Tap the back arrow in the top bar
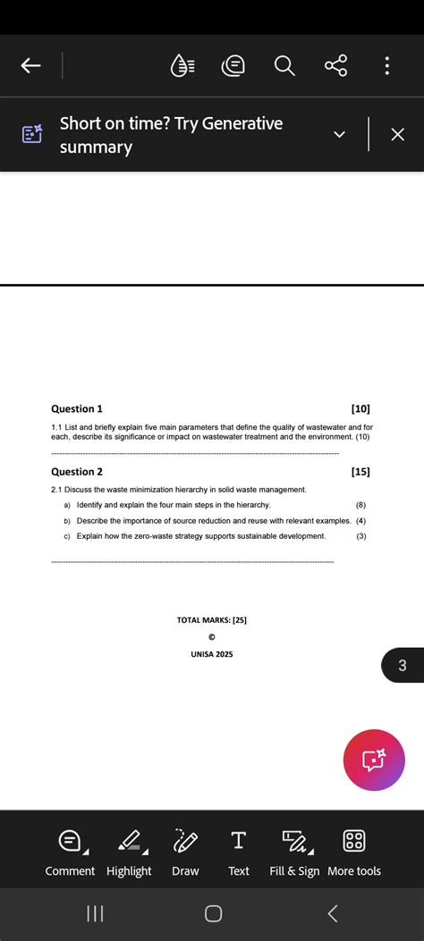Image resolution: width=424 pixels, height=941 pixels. [x=30, y=65]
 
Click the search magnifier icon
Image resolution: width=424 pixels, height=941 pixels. [x=284, y=65]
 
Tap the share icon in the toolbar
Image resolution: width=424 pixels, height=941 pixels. [x=335, y=65]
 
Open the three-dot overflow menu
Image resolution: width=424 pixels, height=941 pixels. [x=386, y=65]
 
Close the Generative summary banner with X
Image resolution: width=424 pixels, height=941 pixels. [x=398, y=134]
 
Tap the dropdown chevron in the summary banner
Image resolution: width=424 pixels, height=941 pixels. [x=339, y=134]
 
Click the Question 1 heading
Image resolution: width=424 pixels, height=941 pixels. [x=77, y=408]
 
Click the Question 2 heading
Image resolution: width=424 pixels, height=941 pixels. [x=77, y=471]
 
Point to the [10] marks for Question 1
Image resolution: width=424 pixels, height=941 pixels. [x=360, y=408]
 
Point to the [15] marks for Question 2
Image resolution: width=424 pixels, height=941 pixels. [x=360, y=471]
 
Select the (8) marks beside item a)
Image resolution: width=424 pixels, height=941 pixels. [x=360, y=505]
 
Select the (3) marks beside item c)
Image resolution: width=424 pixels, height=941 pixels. [x=360, y=536]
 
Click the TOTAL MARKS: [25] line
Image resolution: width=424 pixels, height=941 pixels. [x=212, y=619]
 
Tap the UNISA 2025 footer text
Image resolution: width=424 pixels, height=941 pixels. [x=212, y=654]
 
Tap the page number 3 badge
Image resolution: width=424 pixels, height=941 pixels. [x=403, y=666]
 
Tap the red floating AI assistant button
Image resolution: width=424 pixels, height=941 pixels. [x=374, y=760]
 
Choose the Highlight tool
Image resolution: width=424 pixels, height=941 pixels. [x=129, y=853]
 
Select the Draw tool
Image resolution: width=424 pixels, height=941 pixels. [x=185, y=853]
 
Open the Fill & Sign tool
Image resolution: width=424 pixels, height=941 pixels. [x=294, y=853]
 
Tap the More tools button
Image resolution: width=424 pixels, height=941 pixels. [x=354, y=853]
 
